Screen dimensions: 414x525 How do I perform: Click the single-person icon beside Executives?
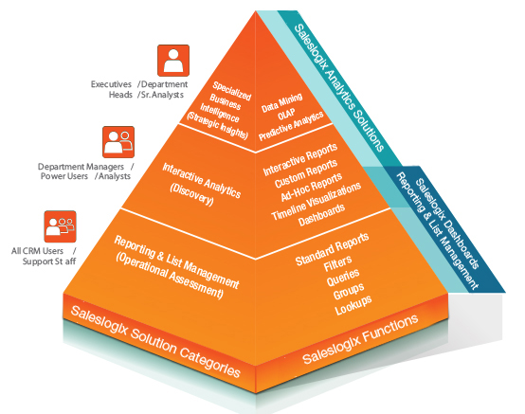tap(172, 61)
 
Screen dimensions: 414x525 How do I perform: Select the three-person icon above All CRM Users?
tap(59, 225)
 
